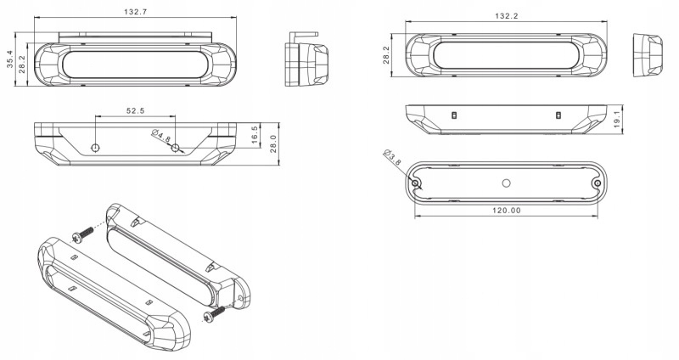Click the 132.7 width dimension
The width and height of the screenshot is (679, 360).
coord(136,12)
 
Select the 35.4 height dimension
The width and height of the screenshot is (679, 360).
coord(10,59)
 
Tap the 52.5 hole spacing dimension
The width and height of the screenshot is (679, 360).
coord(135,110)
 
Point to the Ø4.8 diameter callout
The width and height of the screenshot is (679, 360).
coord(162,137)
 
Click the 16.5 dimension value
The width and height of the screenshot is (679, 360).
coord(255,135)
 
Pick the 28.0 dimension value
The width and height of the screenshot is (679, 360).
coord(273,143)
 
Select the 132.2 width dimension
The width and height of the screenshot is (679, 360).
coord(507,16)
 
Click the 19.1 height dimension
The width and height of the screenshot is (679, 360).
coord(618,119)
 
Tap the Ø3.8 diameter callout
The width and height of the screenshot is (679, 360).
coord(393,157)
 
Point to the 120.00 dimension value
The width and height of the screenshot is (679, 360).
coord(507,211)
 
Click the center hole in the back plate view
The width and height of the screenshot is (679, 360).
coord(506,183)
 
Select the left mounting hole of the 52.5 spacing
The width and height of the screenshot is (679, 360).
coord(95,148)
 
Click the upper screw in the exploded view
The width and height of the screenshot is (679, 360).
coord(82,235)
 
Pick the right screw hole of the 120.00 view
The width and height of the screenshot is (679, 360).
coord(598,183)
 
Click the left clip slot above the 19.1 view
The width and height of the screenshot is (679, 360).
coord(454,115)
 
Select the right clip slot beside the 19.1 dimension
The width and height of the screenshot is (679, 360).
coord(558,115)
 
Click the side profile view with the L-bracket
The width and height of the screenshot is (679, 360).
coord(306,59)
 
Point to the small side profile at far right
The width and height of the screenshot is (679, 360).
coord(648,55)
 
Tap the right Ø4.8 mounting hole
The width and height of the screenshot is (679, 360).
coord(175,148)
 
